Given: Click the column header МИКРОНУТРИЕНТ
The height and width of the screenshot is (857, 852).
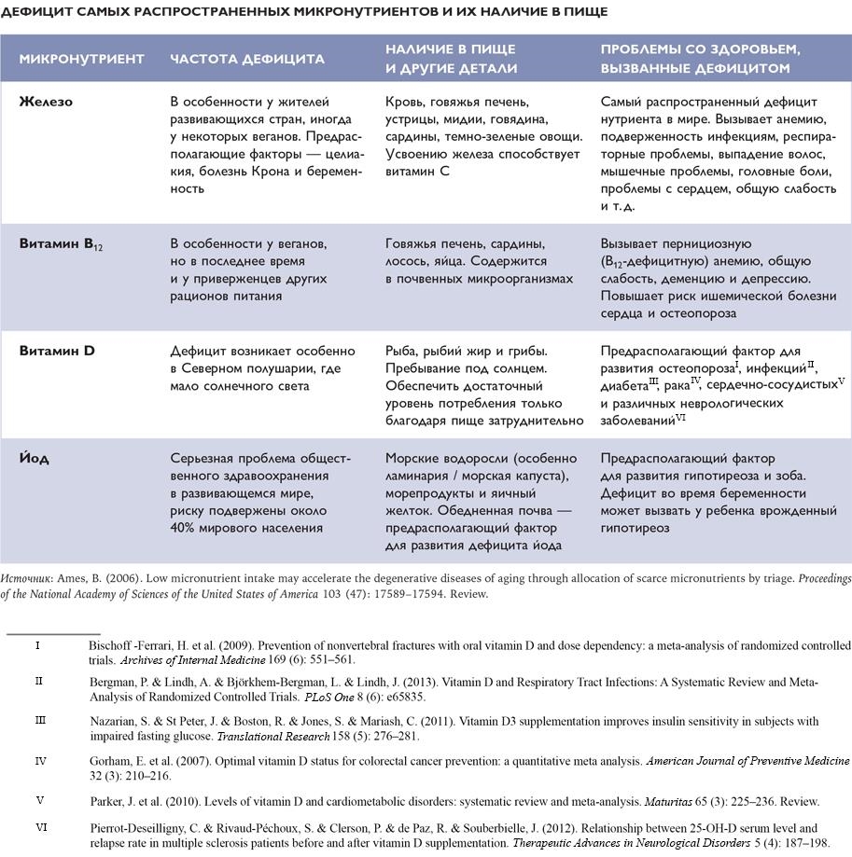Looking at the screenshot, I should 81,58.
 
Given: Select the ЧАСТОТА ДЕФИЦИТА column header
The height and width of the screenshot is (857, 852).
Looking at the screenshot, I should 246,58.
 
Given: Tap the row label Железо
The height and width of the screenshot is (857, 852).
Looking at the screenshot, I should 46,102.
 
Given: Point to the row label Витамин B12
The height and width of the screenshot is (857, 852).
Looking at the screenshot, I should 62,244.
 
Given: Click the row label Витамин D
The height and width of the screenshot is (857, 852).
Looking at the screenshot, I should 57,351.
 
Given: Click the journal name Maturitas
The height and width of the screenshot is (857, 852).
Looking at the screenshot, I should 670,801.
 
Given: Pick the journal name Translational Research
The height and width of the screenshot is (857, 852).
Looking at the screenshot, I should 267,736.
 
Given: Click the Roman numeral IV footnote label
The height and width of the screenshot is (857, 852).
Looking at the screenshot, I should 40,761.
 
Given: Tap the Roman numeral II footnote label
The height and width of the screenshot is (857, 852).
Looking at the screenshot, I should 38,682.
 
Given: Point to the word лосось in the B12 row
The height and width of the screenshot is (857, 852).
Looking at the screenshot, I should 407,262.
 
